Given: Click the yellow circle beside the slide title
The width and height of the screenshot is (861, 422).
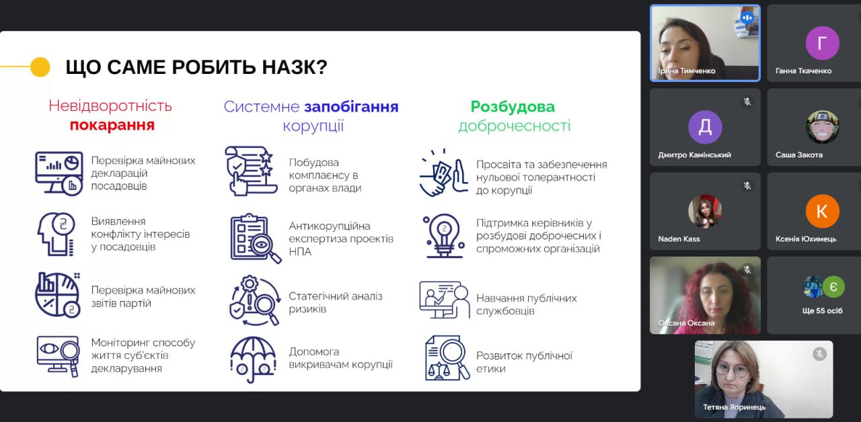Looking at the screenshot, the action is click(x=40, y=67).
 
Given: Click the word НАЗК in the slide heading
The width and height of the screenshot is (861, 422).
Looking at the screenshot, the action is click(x=295, y=67).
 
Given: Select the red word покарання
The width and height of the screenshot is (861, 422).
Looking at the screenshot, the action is click(x=112, y=125).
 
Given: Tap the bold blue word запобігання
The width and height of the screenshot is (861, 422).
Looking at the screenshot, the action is click(x=351, y=107).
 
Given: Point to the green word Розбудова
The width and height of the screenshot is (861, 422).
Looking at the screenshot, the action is click(x=513, y=107).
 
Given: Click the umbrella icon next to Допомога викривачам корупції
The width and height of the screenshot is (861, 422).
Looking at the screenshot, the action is click(x=253, y=360).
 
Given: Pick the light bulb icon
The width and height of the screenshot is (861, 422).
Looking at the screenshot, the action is click(x=445, y=235).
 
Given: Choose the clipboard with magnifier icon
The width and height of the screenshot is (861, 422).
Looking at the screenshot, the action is click(x=256, y=238).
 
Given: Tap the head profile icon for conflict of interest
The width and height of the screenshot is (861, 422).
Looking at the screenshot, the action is click(x=56, y=234).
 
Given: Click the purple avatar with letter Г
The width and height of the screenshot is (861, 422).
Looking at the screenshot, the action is click(x=822, y=42).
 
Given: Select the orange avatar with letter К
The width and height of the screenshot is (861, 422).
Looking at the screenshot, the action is click(x=822, y=211).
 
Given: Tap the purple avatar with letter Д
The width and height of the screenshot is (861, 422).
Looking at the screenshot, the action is click(x=705, y=127).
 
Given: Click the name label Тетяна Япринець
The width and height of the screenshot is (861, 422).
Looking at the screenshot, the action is click(x=734, y=407).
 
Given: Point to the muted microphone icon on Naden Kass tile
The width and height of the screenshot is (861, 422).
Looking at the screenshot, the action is click(x=747, y=186).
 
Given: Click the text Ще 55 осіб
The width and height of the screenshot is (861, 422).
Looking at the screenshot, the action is click(x=822, y=310).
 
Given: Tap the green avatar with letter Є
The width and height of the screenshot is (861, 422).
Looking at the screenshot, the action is click(x=833, y=287).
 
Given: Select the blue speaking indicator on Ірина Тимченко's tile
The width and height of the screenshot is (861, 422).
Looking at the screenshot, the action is click(x=747, y=17).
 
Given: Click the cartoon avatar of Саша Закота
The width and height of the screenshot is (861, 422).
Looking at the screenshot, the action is click(x=822, y=127).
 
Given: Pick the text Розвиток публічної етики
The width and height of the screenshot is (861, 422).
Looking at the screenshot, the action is click(x=524, y=362).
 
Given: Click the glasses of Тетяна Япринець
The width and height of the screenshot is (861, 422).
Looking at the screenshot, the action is click(x=732, y=371).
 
